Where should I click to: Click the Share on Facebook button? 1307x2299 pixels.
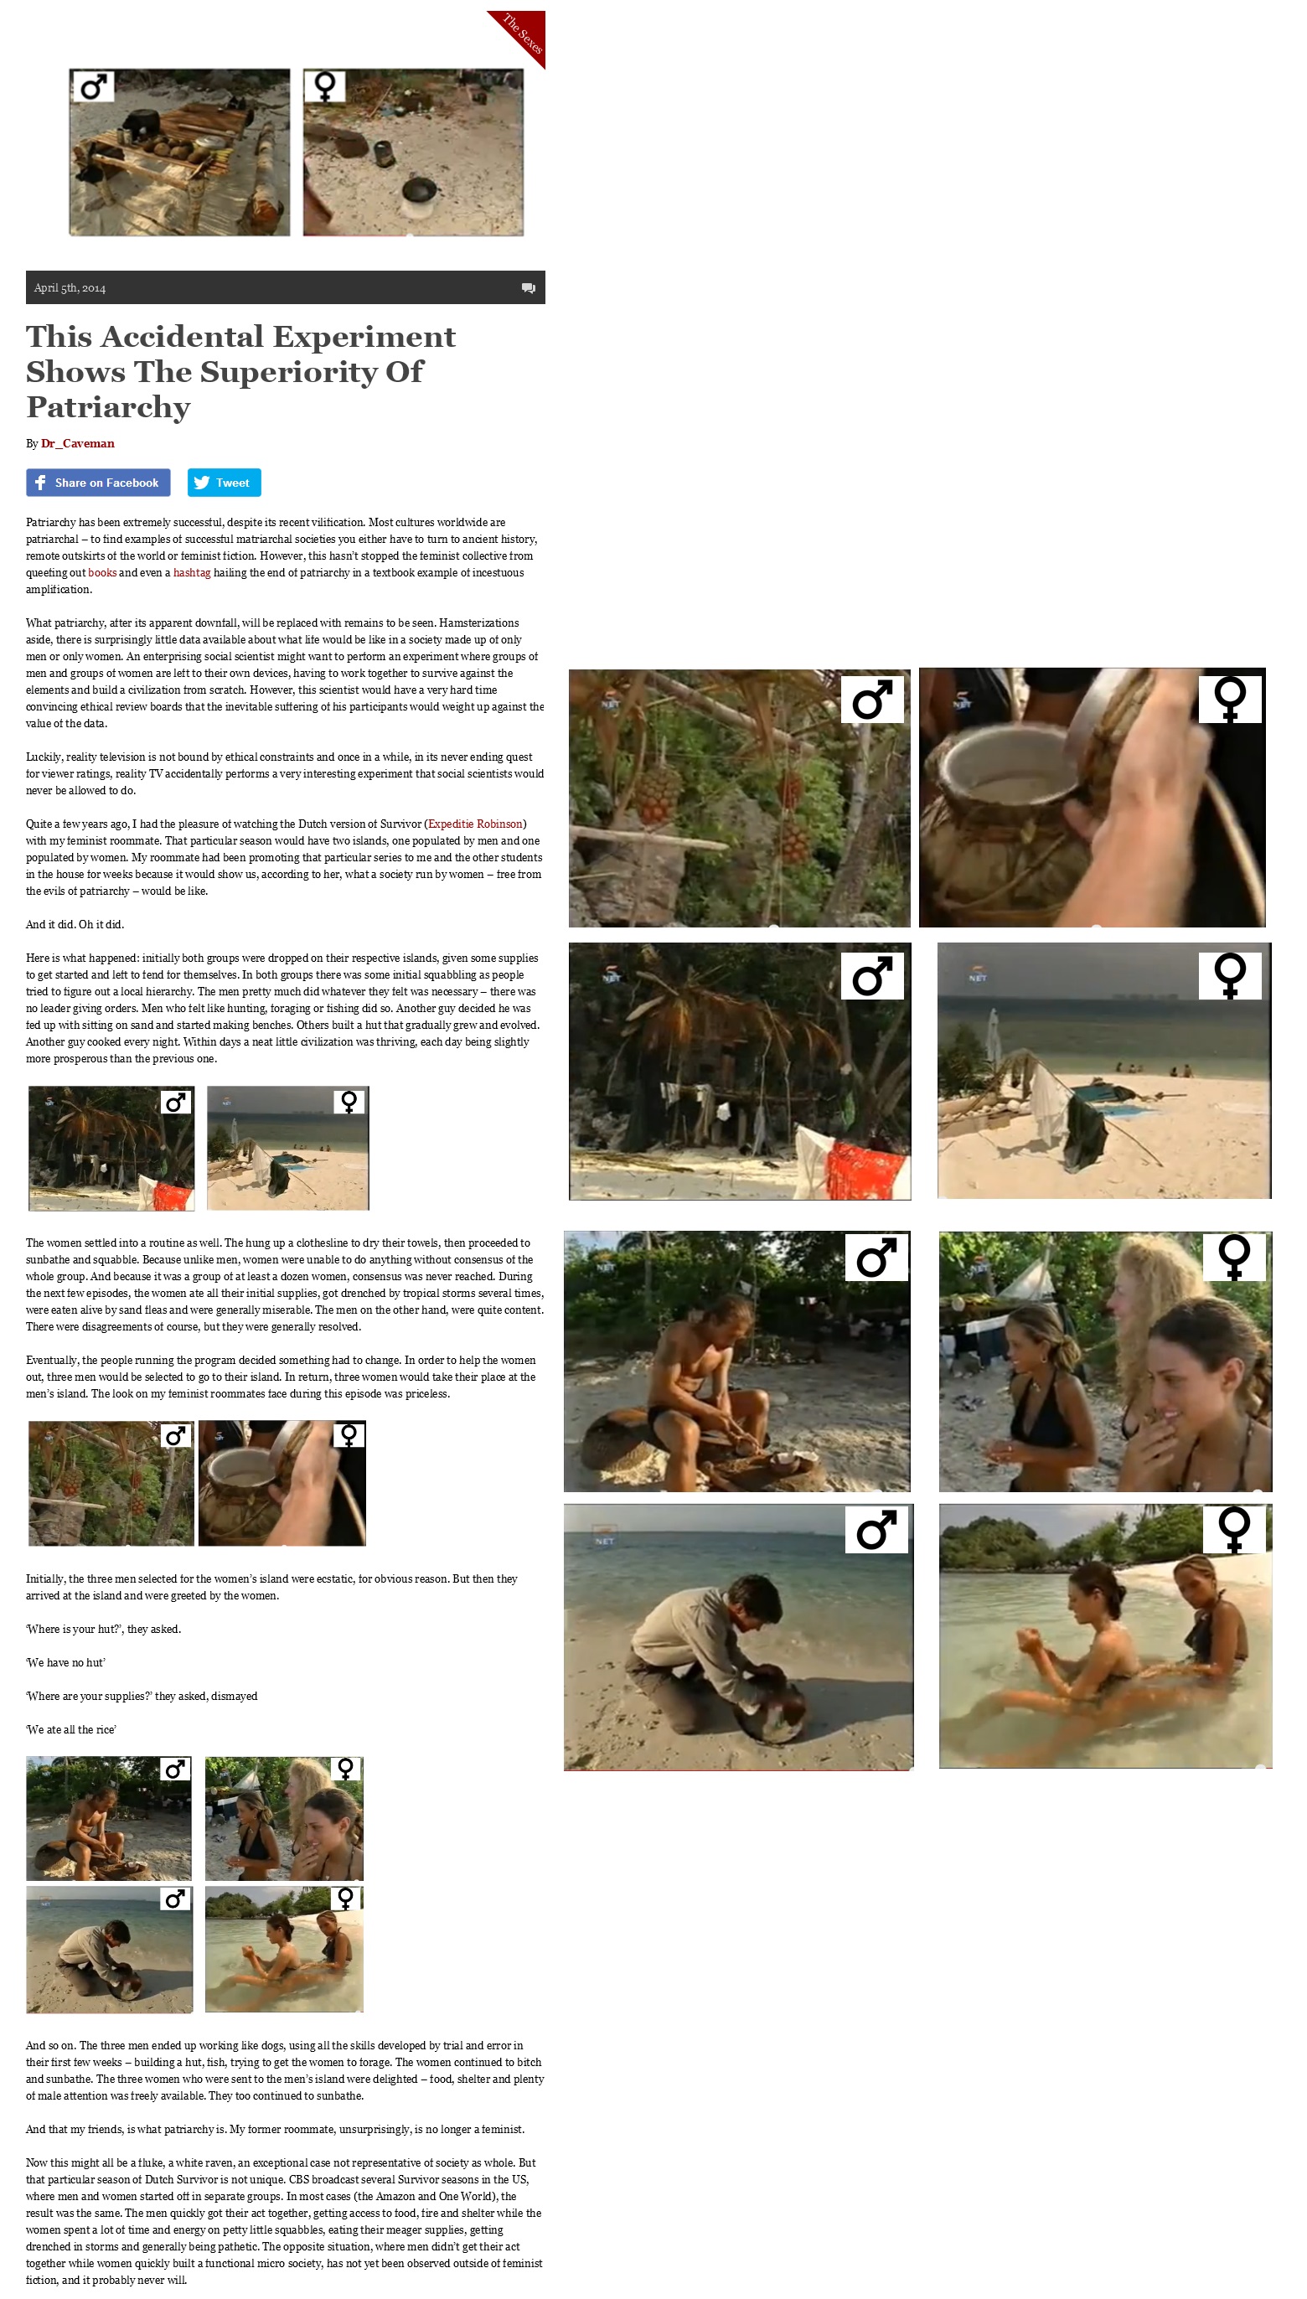pos(98,482)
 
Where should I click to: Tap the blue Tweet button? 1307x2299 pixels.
pos(224,482)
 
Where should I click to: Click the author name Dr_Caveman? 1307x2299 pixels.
pos(77,443)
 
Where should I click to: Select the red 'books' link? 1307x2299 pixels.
pos(102,573)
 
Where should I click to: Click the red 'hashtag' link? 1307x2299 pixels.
pos(191,573)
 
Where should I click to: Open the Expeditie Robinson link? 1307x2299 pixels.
pos(475,824)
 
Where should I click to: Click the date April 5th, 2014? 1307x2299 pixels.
pos(70,288)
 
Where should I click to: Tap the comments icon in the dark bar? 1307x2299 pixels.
pos(528,288)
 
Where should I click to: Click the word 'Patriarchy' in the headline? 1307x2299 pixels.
pos(109,407)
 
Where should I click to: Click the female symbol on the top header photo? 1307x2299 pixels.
pos(325,85)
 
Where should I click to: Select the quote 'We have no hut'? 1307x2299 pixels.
pos(65,1662)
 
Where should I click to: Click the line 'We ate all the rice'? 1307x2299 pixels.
pos(71,1730)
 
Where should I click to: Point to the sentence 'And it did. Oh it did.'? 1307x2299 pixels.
pos(75,925)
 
